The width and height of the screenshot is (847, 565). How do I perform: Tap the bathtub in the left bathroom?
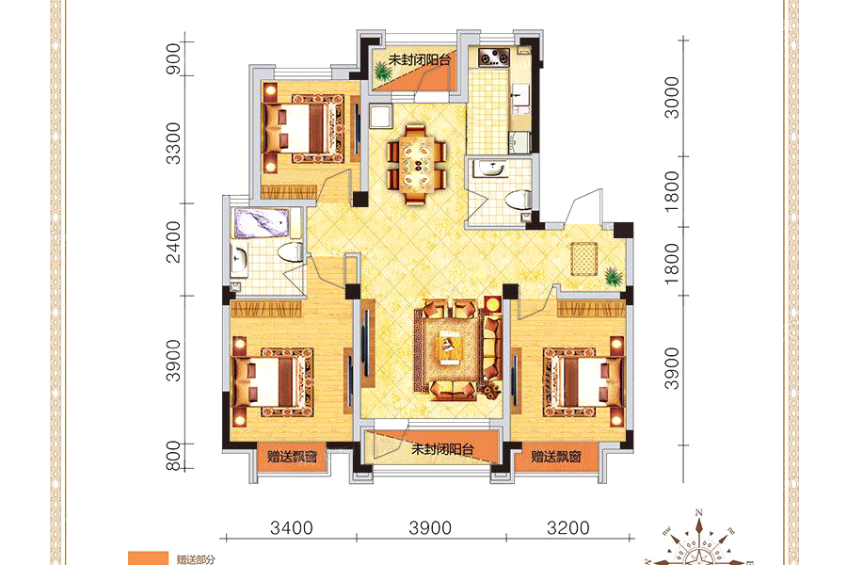coord(261,223)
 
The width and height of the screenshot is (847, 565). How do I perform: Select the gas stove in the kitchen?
coord(494,57)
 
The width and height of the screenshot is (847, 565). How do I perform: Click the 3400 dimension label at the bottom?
coord(292,527)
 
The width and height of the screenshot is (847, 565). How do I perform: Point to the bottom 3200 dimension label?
coord(568,527)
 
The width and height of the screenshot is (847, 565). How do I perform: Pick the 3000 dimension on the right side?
coord(671,97)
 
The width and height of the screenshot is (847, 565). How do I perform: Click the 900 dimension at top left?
coord(173,58)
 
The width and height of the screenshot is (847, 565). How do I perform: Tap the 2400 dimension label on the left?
coord(173,242)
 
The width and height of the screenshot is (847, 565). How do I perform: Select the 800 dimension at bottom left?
coord(173,456)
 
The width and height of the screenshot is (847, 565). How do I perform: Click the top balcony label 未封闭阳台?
coord(419,60)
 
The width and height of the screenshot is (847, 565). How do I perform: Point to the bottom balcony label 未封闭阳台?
coord(442,449)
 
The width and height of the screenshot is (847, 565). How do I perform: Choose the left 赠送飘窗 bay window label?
coord(293,457)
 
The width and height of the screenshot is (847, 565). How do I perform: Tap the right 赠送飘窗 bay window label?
coord(556,457)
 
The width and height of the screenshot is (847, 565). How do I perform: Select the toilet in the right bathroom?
coord(519,199)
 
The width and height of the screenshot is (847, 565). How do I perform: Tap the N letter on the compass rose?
coord(699,512)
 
